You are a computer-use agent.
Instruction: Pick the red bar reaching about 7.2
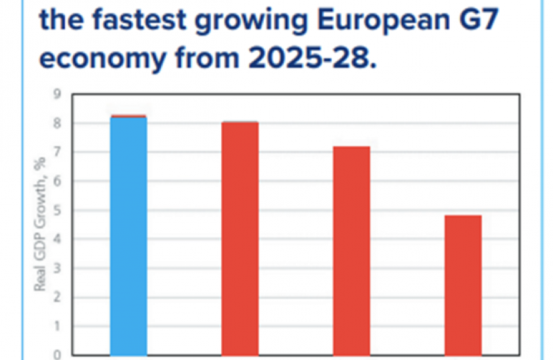coord(351,250)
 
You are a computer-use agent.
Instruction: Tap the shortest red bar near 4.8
coord(462,285)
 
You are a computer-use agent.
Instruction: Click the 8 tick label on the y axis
coord(57,123)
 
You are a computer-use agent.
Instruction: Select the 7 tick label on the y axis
coord(57,152)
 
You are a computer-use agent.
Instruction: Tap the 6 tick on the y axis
coord(57,181)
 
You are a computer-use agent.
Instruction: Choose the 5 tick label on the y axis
coord(57,210)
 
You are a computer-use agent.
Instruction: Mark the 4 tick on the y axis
coord(57,239)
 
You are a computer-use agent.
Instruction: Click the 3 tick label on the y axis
coord(57,268)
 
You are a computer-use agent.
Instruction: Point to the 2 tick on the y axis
coord(57,297)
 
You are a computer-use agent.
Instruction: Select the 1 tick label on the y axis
coord(57,326)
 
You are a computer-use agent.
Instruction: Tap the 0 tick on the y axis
coord(57,354)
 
